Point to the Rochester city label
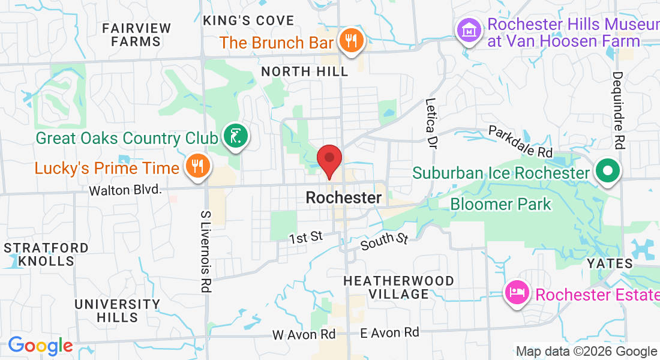tap(343, 197)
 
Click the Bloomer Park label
tap(500, 204)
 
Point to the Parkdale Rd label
tap(520, 142)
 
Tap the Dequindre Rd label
tap(617, 110)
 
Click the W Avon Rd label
tap(304, 334)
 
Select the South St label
tap(385, 242)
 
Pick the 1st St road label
tap(306, 238)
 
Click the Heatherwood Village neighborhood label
tap(398, 287)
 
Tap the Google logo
tap(40, 346)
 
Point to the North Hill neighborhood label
tap(305, 71)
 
